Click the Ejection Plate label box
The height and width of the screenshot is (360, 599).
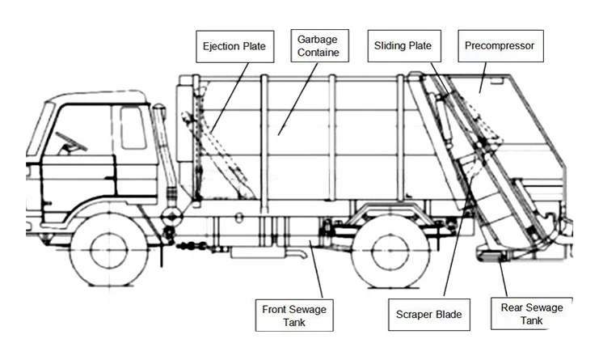(234, 46)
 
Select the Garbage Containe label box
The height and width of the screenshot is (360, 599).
(318, 46)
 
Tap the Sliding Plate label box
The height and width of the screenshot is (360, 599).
(402, 46)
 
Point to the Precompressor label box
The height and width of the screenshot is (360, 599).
(499, 46)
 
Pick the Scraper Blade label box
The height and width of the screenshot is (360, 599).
(428, 315)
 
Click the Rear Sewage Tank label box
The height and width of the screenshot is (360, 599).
(531, 315)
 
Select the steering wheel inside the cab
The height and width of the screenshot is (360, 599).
(71, 141)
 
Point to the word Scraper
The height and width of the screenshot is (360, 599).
(415, 315)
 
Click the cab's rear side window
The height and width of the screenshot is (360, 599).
(133, 127)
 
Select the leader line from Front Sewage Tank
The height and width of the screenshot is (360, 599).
(316, 270)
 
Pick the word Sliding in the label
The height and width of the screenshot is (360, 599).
(388, 46)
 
